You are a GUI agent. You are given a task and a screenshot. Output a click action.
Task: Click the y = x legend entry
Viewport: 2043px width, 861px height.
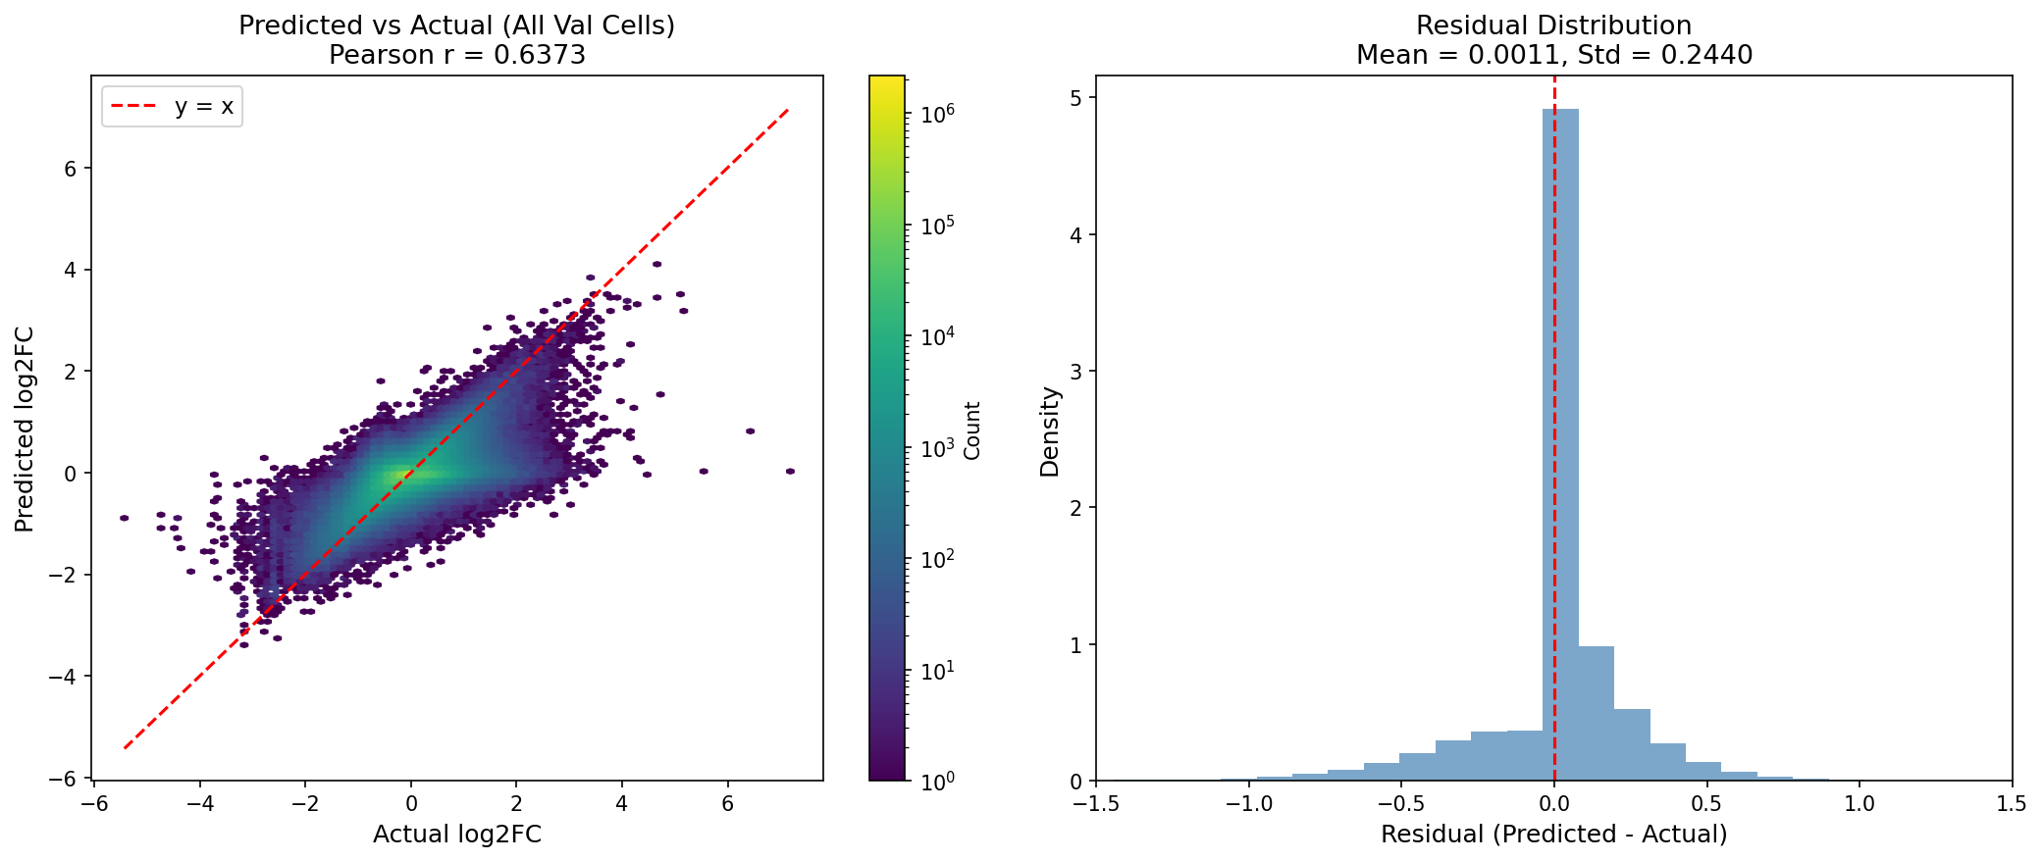pos(173,106)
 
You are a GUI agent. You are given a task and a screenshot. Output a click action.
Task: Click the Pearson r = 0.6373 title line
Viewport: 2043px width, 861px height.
pos(457,55)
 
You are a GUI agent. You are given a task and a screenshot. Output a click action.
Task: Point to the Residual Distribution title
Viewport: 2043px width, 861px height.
pos(1554,25)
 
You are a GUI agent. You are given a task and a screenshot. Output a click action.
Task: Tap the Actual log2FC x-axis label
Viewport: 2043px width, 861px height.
pos(457,835)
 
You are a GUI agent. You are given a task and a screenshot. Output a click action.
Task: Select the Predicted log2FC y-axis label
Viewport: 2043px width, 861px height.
pos(26,429)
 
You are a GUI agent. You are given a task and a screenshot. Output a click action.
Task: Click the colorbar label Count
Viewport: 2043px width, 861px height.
pos(972,430)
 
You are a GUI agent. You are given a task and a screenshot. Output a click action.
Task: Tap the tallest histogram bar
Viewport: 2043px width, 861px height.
pos(1560,441)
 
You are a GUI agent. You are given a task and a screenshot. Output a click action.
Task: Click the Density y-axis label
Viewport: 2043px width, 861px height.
pos(1050,431)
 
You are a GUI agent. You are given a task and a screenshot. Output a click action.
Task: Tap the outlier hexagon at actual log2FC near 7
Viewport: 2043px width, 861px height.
pos(790,472)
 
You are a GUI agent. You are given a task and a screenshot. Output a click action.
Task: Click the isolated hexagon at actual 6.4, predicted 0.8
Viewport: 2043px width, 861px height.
pos(750,430)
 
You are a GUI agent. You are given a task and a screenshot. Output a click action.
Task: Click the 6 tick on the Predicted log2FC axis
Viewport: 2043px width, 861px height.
pos(72,168)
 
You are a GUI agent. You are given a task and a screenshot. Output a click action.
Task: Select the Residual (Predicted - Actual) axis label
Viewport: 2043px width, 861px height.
pos(1554,835)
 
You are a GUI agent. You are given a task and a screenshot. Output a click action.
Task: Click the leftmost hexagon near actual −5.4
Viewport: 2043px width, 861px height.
pos(125,518)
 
